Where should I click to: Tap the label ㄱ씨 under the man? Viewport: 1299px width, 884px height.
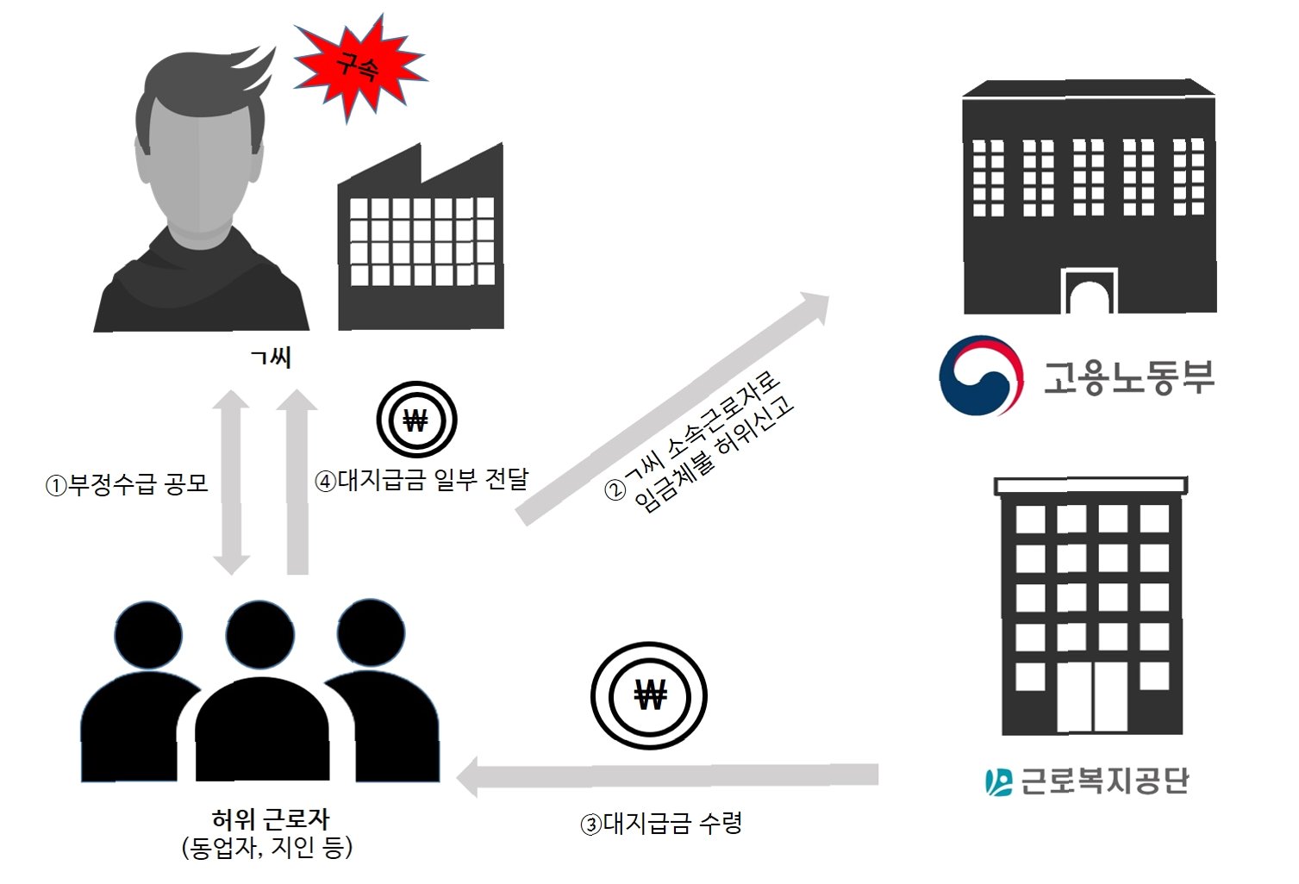[271, 357]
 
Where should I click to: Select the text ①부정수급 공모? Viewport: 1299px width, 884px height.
[127, 483]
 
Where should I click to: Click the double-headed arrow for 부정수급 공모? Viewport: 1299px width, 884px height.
[231, 482]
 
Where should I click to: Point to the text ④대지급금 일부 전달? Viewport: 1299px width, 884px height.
[422, 480]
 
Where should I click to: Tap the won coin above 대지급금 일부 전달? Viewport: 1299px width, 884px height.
[416, 420]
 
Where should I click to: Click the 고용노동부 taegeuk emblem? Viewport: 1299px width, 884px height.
[981, 376]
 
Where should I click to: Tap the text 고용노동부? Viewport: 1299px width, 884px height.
[1128, 377]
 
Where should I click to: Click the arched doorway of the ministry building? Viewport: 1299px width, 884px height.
[1090, 293]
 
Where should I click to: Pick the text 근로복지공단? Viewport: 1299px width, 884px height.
[1104, 781]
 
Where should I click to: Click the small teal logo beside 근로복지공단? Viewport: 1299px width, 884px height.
[998, 781]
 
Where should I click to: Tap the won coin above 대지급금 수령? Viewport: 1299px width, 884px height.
[649, 694]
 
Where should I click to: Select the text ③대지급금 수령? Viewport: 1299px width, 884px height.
[662, 825]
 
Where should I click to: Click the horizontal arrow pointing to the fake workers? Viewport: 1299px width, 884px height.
[668, 775]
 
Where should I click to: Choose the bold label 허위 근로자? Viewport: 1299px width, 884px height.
[271, 819]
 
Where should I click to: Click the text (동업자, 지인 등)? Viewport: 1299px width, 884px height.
[268, 848]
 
